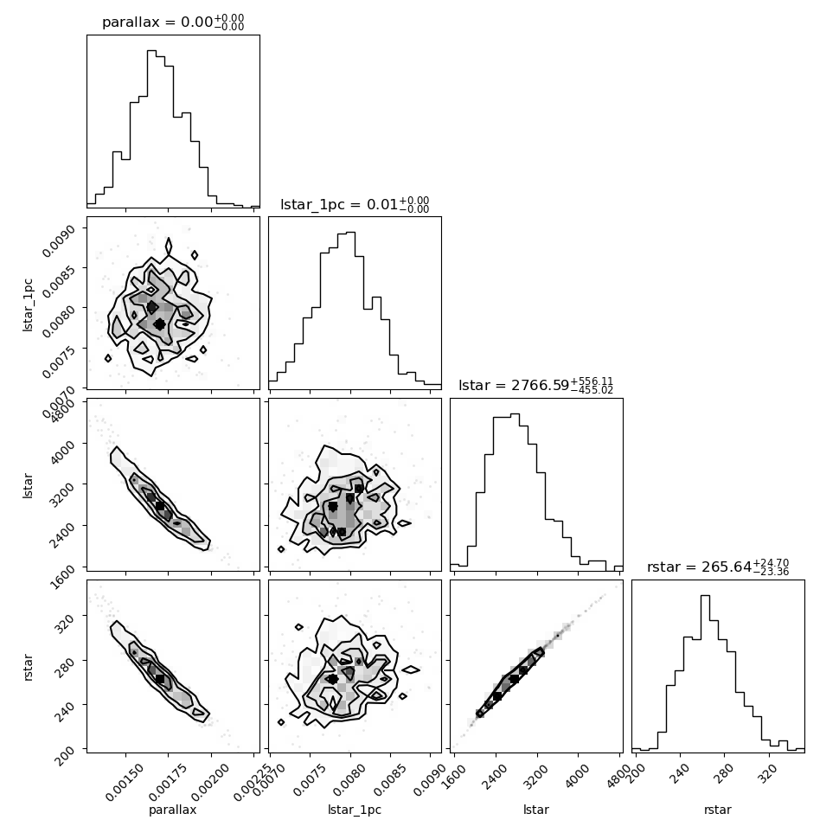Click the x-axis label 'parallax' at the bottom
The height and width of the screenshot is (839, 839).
tap(173, 810)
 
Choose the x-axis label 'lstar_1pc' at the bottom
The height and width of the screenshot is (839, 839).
tap(355, 810)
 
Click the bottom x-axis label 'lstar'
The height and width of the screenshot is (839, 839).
tap(536, 810)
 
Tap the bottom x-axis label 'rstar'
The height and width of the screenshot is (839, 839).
tap(718, 810)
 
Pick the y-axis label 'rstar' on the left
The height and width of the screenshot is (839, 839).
tap(28, 667)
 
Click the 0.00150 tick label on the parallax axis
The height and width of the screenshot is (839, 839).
tap(125, 782)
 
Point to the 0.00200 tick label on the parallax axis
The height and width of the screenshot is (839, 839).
tap(209, 782)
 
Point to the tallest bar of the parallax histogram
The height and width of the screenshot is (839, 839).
tap(151, 128)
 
